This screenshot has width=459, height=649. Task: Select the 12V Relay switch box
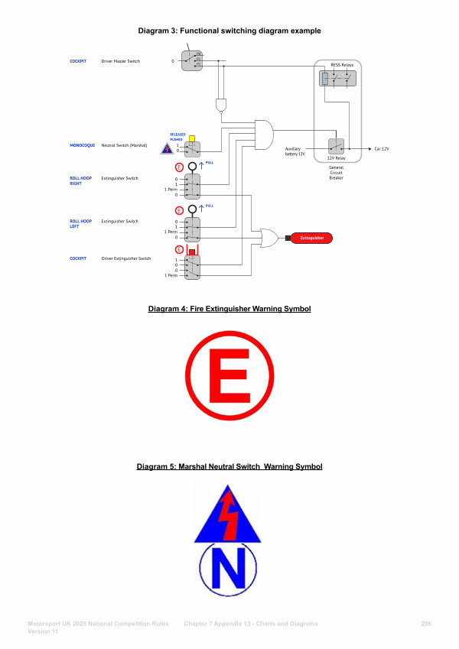point(337,147)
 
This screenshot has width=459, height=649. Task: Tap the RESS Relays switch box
point(337,78)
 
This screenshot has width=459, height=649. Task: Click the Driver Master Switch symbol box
point(192,60)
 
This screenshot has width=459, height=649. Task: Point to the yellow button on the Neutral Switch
point(191,139)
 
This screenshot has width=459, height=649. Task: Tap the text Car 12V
point(381,148)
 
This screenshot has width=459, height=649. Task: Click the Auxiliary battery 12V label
point(295,151)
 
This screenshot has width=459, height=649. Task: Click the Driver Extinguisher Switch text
point(126,258)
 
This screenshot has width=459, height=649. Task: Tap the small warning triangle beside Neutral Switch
point(166,149)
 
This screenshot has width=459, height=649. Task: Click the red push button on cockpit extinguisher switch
point(192,250)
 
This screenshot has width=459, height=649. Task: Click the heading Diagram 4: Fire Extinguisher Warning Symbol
point(229,309)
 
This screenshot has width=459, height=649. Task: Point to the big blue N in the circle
point(229,573)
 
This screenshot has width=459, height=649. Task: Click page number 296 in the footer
point(426,625)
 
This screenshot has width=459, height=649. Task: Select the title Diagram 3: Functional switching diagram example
point(229,31)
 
